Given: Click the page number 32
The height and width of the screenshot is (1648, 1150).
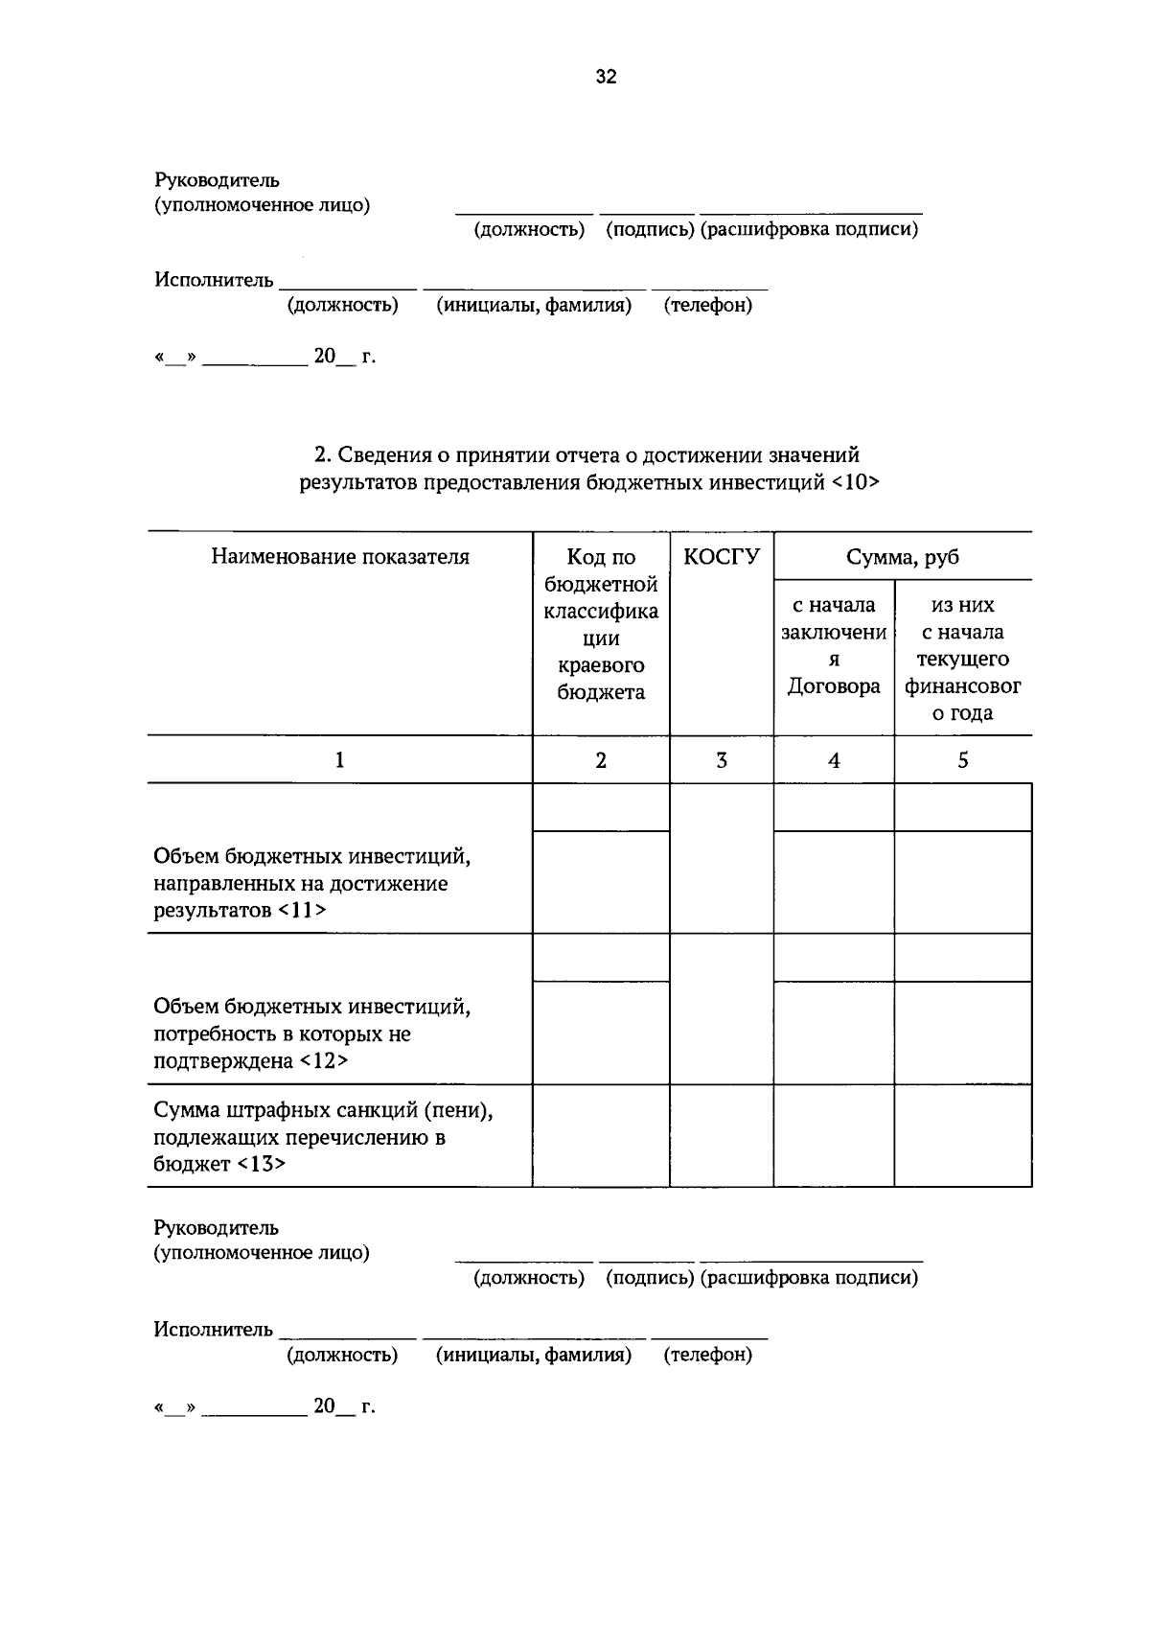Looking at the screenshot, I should (x=606, y=78).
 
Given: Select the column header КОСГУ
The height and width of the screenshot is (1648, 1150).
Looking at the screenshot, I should (x=721, y=557).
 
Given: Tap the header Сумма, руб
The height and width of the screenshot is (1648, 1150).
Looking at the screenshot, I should (x=902, y=557).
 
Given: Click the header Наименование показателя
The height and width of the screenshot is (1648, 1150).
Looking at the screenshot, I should (x=340, y=557).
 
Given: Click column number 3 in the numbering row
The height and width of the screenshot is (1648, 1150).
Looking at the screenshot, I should (x=721, y=760).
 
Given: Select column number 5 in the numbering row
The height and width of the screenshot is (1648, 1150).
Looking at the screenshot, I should (x=962, y=760).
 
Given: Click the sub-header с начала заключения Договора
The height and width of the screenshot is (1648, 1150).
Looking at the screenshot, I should (x=834, y=645).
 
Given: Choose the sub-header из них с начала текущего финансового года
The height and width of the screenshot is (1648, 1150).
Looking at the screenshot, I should (x=962, y=659).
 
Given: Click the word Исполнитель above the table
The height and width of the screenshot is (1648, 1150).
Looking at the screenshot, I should (x=214, y=280).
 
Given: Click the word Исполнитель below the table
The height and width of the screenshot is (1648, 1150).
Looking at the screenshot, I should (x=214, y=1329).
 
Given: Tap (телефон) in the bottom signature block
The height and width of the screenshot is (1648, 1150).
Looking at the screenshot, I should (x=707, y=1355).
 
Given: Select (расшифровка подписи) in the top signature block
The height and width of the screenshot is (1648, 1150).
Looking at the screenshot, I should (x=809, y=230).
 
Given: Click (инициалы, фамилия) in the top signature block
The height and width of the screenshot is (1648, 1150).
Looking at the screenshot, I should (x=534, y=306).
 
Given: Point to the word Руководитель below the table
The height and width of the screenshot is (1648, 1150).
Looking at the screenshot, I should (x=217, y=1227).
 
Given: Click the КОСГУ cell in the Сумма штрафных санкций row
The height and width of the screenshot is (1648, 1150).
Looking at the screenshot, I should (x=721, y=1135).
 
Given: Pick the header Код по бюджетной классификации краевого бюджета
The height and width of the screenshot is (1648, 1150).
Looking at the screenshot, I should (x=601, y=625).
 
